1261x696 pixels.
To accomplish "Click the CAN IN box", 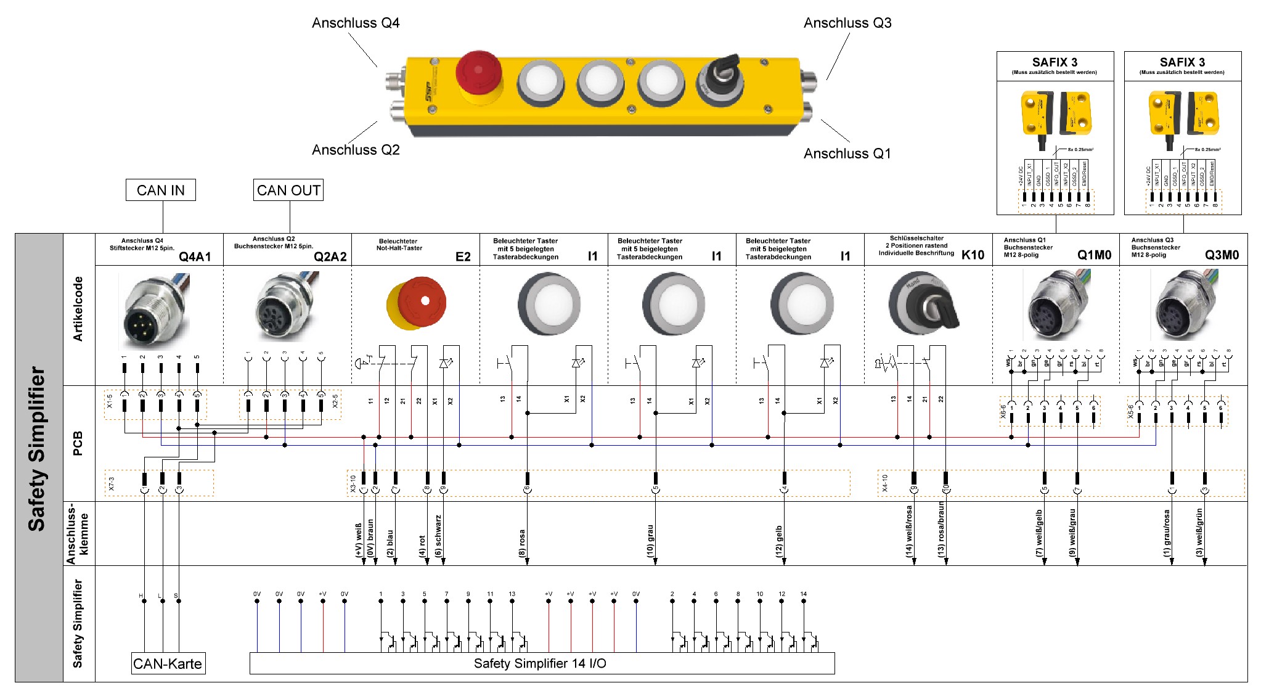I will click(x=160, y=190).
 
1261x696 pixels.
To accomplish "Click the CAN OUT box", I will click(x=288, y=190).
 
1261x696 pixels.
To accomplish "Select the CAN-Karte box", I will click(x=168, y=663).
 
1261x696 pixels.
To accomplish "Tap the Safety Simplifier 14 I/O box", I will click(x=541, y=663).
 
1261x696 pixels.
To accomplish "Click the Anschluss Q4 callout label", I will click(x=356, y=23).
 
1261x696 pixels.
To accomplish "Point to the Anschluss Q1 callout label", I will click(x=847, y=154).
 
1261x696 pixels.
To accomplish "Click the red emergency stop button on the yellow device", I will click(x=478, y=75).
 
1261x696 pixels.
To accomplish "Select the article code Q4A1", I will click(x=195, y=256).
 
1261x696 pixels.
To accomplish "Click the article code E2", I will click(x=463, y=256).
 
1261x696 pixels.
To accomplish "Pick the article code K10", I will click(x=973, y=255).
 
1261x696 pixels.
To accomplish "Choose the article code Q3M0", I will click(x=1222, y=255).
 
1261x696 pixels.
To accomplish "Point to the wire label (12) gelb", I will click(x=779, y=541).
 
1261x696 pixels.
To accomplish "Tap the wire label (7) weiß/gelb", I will click(x=1039, y=534).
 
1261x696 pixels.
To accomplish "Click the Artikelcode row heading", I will click(x=78, y=309).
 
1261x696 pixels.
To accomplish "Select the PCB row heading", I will click(x=78, y=443).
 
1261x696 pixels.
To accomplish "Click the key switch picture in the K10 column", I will click(x=923, y=303).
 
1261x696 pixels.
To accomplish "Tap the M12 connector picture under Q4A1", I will click(x=154, y=311).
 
